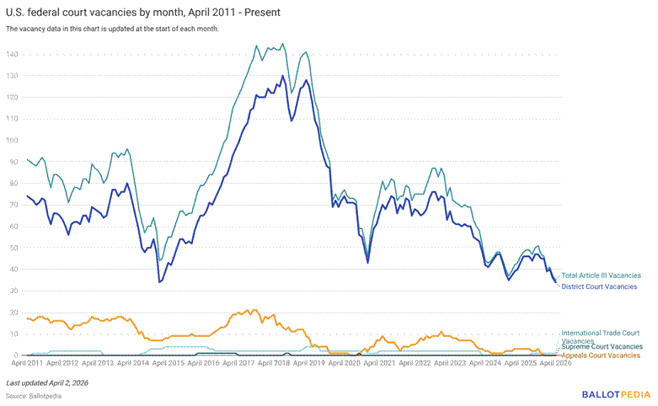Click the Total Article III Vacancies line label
pos(602,275)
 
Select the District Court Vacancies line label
pos(599,287)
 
